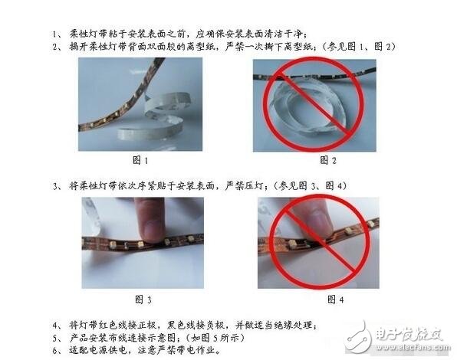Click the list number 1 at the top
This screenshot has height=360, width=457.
click(x=54, y=34)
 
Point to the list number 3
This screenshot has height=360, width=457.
click(x=54, y=185)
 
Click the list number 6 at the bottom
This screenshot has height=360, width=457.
click(x=55, y=349)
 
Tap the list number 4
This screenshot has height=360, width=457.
click(x=54, y=322)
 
